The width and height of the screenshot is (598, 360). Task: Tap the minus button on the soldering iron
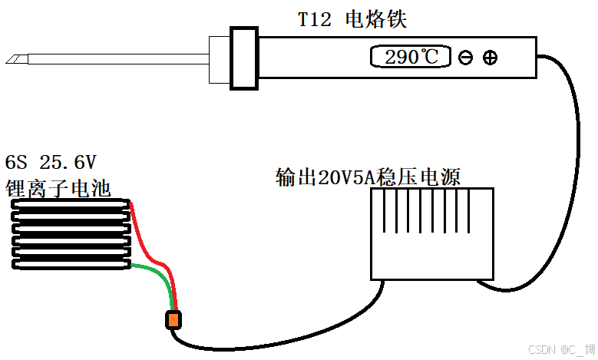click(x=465, y=58)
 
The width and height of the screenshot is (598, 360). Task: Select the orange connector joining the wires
click(x=173, y=319)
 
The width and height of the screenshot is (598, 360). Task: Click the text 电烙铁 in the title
click(x=376, y=19)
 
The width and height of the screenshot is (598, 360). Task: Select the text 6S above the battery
click(x=16, y=163)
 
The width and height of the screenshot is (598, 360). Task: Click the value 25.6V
click(x=68, y=163)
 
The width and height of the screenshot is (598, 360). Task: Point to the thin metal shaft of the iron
click(x=115, y=58)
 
